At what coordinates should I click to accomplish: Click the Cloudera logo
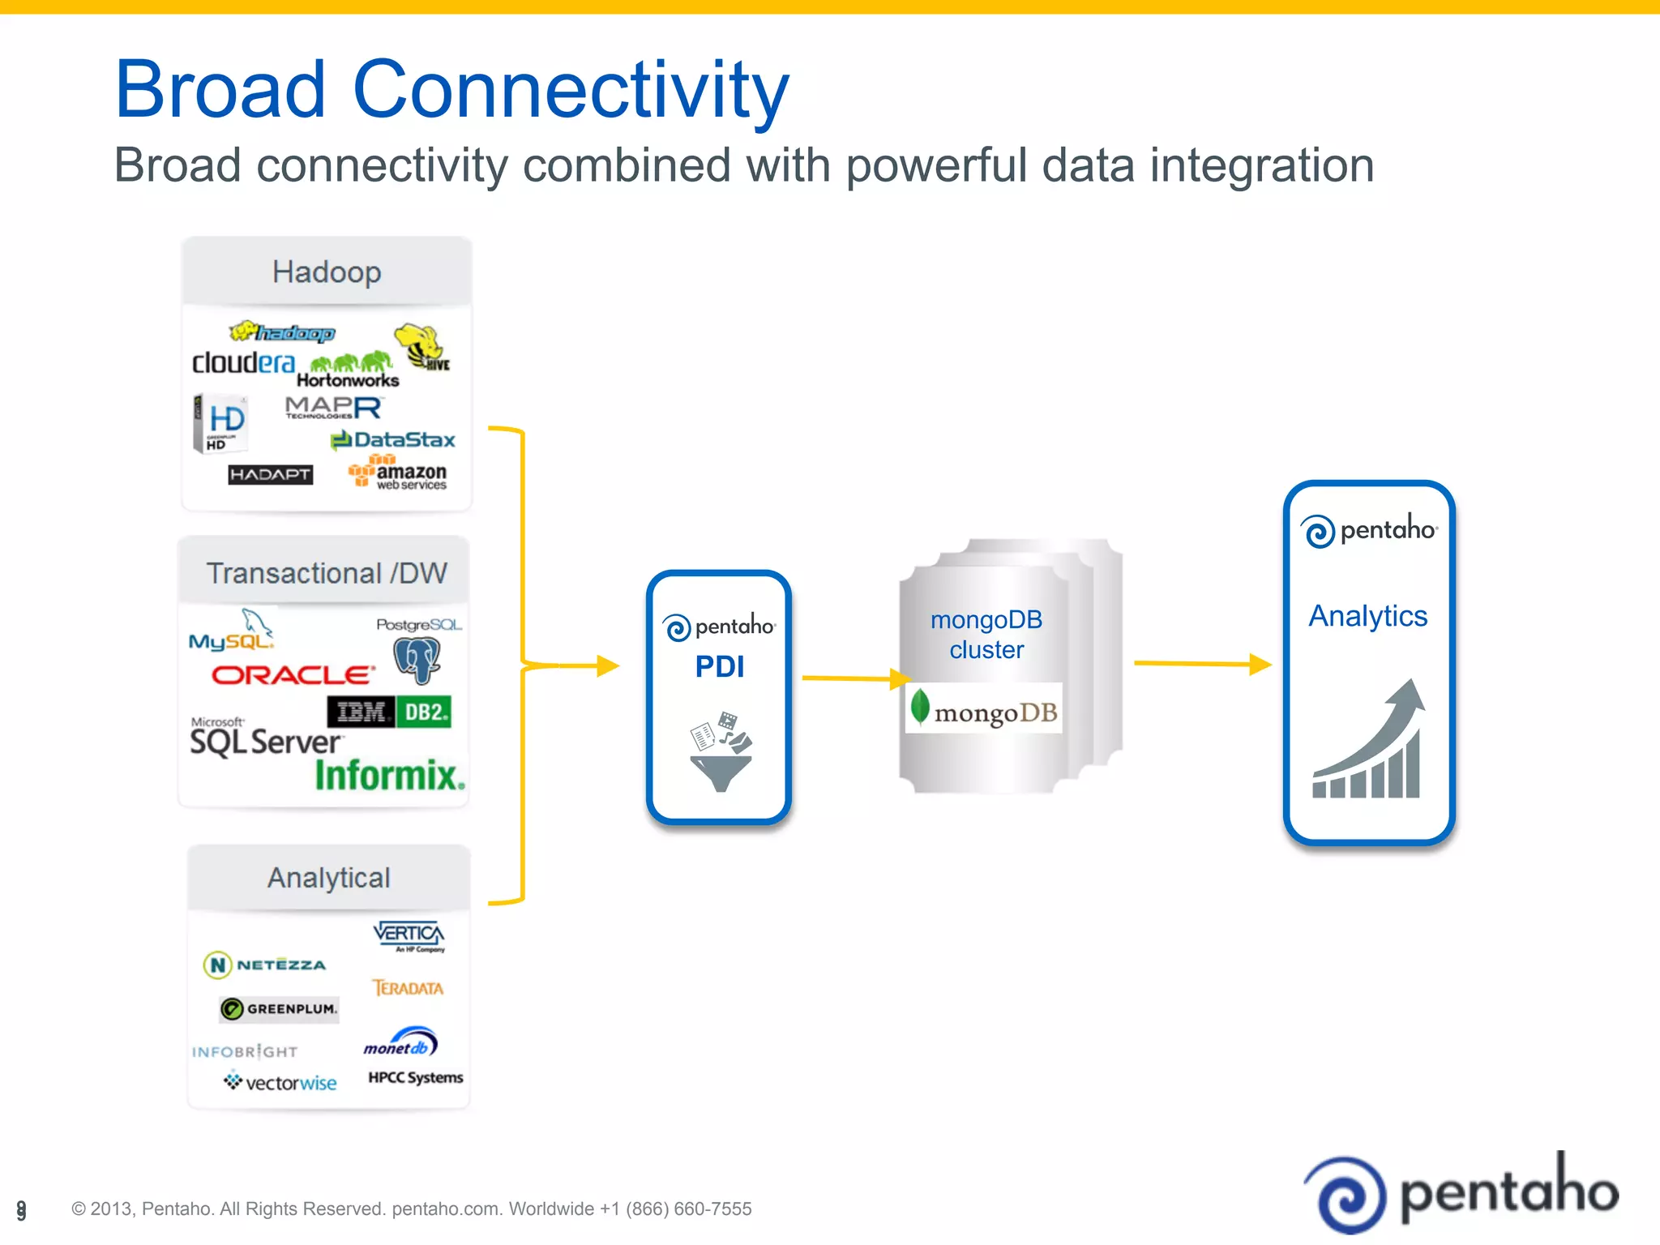click(243, 362)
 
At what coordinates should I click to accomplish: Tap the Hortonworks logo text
click(348, 380)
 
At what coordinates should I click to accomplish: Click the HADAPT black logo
click(270, 474)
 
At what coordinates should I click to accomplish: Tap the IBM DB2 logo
click(389, 712)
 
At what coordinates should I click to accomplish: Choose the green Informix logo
click(390, 776)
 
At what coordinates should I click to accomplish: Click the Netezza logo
click(265, 965)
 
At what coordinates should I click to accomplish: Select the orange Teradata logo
click(408, 988)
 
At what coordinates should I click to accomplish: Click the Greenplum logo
click(279, 1008)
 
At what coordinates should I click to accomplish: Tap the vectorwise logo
click(280, 1082)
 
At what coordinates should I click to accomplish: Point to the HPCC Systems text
click(415, 1077)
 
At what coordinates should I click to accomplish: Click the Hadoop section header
click(327, 272)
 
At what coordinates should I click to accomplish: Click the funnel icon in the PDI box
click(721, 770)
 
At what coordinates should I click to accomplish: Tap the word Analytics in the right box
click(1368, 616)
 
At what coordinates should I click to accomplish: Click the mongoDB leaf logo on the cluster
click(920, 706)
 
